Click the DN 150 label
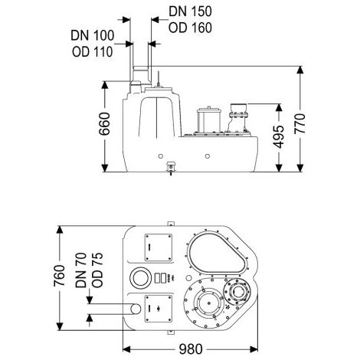coord(190,11)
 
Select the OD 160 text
coord(190,28)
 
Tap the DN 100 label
coord(93,35)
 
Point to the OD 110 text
coord(93,52)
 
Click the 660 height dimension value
coord(104,124)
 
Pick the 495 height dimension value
coord(278,136)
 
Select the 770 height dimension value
coord(299,124)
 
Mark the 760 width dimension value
coord(59,276)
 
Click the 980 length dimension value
coord(191,349)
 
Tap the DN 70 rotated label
coord(81,270)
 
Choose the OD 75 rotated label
coord(97,270)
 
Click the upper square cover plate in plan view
coord(159,247)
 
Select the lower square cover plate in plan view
coord(159,309)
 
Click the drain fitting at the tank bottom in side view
coord(171,168)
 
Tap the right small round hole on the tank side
coord(208,156)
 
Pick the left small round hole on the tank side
coord(161,156)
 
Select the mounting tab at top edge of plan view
coord(171,224)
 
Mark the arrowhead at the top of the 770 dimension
coord(300,70)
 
